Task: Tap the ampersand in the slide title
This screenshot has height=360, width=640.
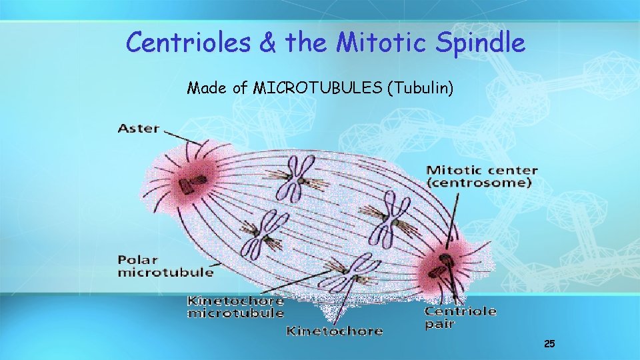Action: pyautogui.click(x=268, y=43)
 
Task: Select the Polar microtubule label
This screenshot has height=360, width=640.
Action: pyautogui.click(x=165, y=265)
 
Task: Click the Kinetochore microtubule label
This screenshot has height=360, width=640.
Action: pyautogui.click(x=235, y=307)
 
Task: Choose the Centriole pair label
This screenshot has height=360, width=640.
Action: pyautogui.click(x=460, y=317)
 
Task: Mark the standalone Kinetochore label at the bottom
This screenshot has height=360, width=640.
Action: pyautogui.click(x=334, y=330)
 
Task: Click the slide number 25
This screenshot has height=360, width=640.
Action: pyautogui.click(x=549, y=344)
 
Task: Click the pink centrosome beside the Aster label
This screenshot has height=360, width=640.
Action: pyautogui.click(x=189, y=181)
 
